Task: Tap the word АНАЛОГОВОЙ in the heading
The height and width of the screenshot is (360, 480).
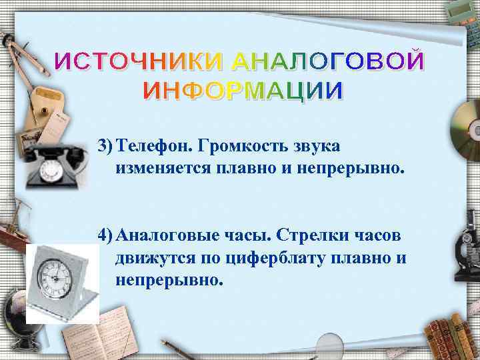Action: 327,62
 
